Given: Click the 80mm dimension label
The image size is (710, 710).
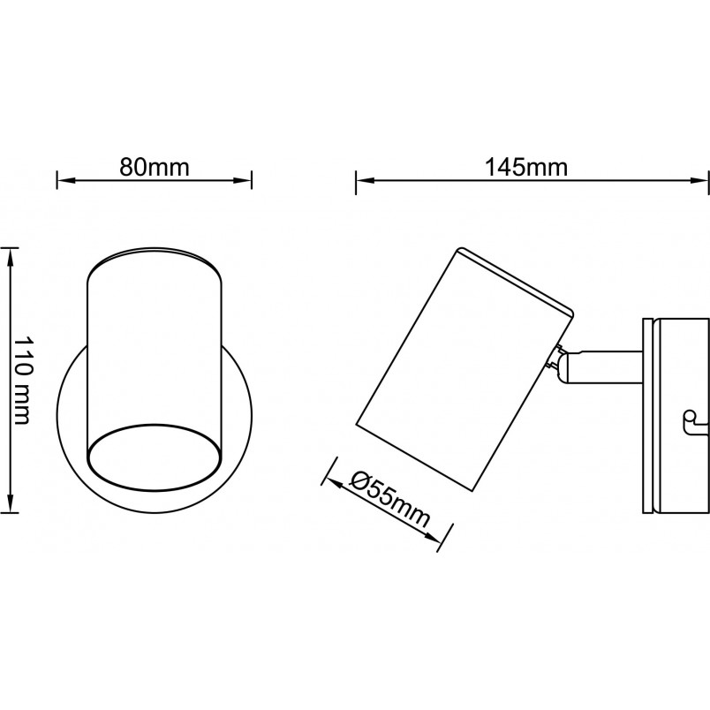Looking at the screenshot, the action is (x=154, y=168).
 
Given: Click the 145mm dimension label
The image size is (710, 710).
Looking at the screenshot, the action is (x=526, y=168).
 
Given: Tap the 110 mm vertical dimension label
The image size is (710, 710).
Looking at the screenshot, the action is (x=22, y=381).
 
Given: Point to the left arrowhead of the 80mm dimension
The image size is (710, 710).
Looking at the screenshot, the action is (x=65, y=180).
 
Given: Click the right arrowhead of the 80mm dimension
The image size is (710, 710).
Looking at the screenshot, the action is (x=242, y=180).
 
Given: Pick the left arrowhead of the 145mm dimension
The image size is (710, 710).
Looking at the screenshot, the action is (x=365, y=181).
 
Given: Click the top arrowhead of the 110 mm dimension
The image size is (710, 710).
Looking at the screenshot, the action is (x=11, y=257).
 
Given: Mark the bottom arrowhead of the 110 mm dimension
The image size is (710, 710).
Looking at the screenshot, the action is (x=11, y=503).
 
